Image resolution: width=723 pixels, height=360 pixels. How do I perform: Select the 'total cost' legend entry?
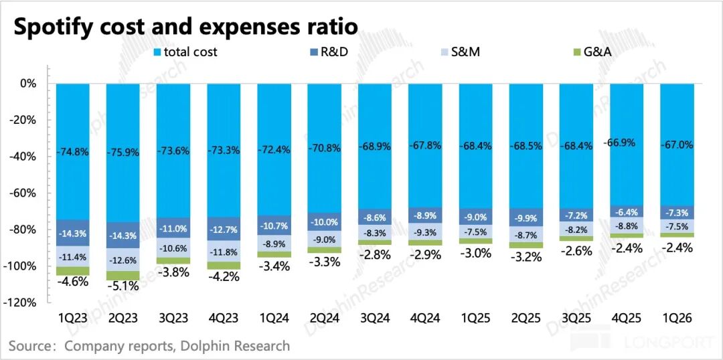(x=185, y=52)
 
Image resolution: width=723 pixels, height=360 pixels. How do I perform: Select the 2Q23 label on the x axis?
(x=123, y=319)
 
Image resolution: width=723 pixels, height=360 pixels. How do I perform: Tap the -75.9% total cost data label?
(x=123, y=152)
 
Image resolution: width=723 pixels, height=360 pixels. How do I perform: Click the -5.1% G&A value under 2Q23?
(x=123, y=286)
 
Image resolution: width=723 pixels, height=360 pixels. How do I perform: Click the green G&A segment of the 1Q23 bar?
(x=73, y=271)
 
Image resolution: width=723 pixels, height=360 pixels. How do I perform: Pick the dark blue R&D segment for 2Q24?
(x=324, y=221)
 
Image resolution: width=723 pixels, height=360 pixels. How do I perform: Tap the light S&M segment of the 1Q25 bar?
(x=475, y=232)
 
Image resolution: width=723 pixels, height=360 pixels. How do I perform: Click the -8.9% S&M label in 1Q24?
(x=274, y=244)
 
